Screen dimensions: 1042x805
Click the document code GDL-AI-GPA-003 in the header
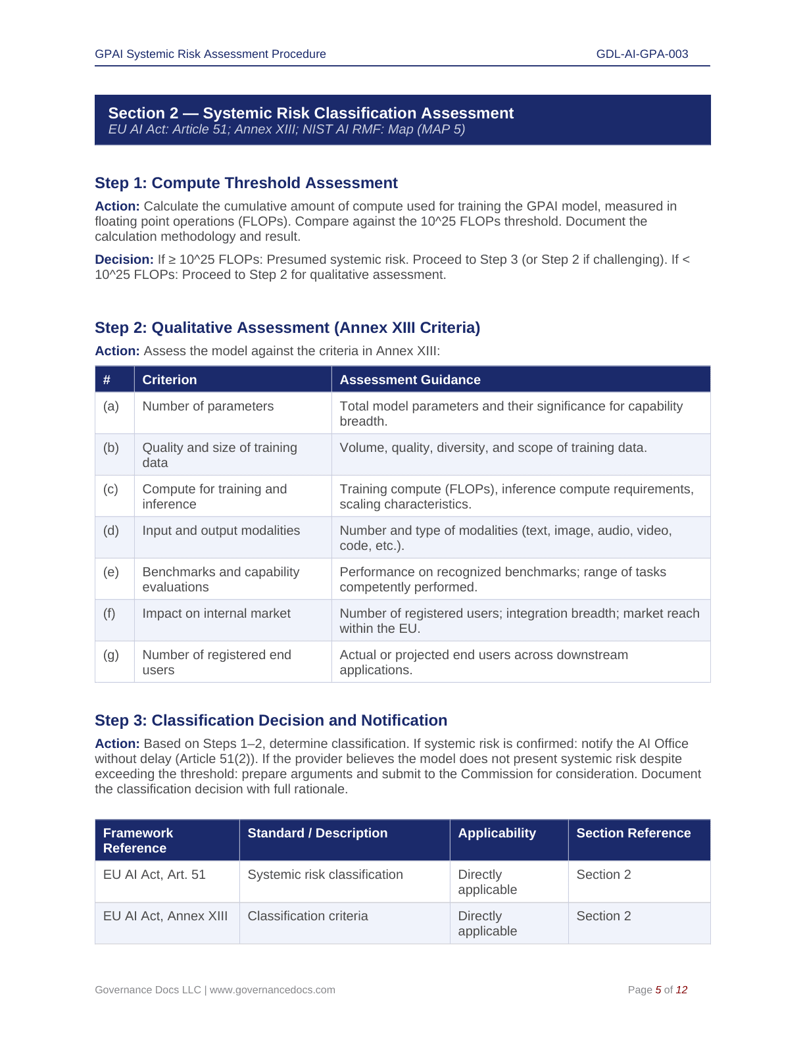point(642,54)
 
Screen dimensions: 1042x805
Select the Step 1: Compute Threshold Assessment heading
point(246,183)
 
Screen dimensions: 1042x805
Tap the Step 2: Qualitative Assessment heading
point(287,328)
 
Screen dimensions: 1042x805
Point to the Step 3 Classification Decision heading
point(271,720)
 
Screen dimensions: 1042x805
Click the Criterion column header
point(170,380)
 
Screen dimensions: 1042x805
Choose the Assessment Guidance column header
point(410,380)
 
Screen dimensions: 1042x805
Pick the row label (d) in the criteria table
point(111,531)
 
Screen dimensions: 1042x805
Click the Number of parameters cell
point(208,407)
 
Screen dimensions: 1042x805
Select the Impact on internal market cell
point(216,614)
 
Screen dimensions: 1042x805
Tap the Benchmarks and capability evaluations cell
point(220,580)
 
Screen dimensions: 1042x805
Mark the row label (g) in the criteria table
point(111,655)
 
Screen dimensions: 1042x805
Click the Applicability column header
point(497,833)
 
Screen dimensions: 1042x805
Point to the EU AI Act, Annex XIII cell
point(165,916)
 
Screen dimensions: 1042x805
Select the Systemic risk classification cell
point(325,875)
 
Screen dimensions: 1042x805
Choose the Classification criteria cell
point(308,916)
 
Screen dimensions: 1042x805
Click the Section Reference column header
point(633,833)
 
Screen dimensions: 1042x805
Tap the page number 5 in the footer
point(658,990)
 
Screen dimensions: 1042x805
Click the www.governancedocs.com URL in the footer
point(272,990)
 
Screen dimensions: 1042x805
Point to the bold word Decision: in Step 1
point(124,260)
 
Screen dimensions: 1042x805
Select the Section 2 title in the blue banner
point(310,113)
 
